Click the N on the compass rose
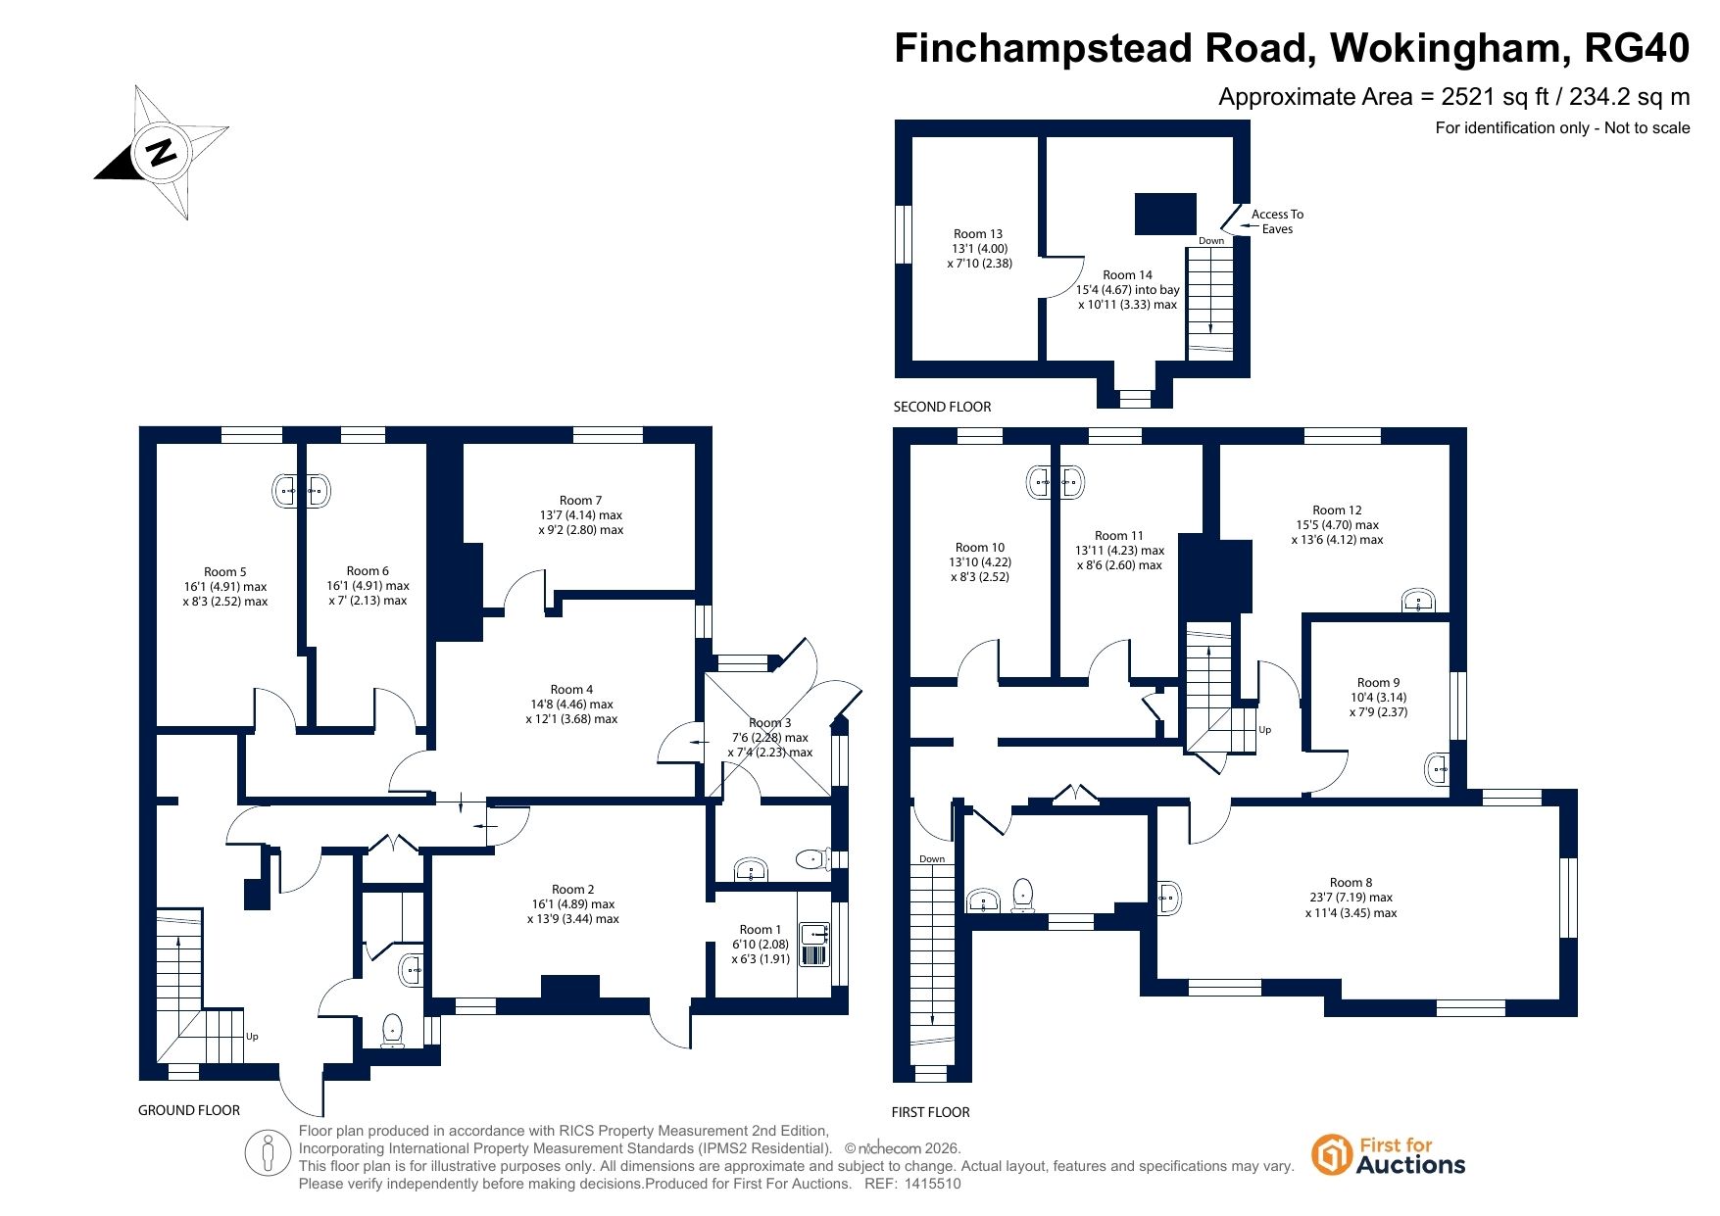(162, 152)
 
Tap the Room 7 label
(581, 501)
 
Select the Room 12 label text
(1337, 511)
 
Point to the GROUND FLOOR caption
(189, 1110)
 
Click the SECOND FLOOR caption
(942, 407)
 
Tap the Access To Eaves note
(1277, 221)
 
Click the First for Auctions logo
(1388, 1155)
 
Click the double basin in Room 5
(302, 491)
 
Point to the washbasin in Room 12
(1418, 600)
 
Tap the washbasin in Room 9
(1436, 769)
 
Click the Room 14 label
(1127, 275)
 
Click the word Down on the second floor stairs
(1211, 241)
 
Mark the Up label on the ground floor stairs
(252, 1037)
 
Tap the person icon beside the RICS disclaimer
(268, 1153)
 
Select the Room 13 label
(978, 234)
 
